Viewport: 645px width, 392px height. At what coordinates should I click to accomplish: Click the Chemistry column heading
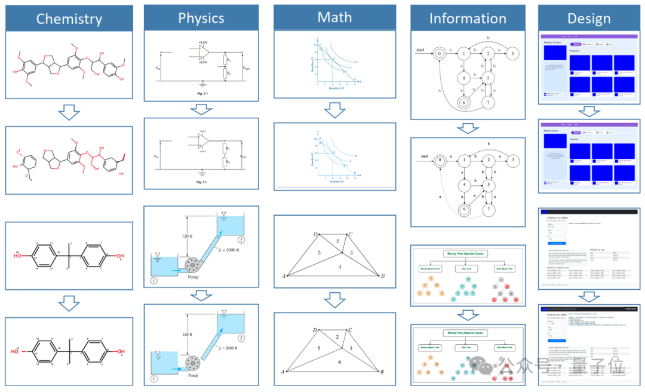coord(69,19)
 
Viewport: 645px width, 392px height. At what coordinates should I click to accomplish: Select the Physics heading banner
coord(201,18)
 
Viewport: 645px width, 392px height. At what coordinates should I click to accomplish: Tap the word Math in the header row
coord(334,17)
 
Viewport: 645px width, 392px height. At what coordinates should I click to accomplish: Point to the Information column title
coord(468,19)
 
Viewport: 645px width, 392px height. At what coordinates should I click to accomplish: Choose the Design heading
coord(589,19)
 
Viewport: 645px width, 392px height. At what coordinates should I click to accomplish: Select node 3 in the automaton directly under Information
coord(512,54)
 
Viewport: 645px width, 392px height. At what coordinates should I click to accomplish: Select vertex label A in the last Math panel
coord(282,371)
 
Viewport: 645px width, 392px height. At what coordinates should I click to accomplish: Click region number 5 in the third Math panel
coord(320,253)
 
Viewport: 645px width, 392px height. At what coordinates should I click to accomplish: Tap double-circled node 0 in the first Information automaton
coord(440,54)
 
